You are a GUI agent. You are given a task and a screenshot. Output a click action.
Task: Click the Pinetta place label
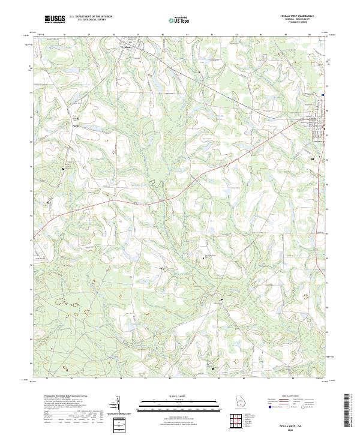(x=76, y=126)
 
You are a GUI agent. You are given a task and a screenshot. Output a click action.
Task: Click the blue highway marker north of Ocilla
(x=322, y=95)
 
